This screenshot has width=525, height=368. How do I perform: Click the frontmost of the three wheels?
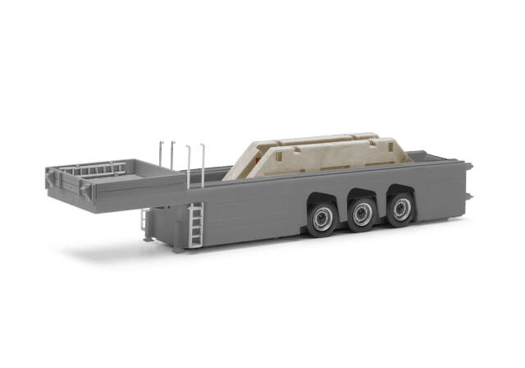[x=322, y=218]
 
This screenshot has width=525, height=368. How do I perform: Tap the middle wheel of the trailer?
[x=362, y=214]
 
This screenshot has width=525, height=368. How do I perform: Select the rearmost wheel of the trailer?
[x=400, y=209]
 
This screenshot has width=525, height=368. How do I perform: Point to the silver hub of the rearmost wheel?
[x=401, y=209]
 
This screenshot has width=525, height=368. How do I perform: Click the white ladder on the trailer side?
[x=194, y=223]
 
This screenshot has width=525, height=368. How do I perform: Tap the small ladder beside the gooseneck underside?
[x=145, y=224]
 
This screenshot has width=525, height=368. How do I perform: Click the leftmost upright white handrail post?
[x=162, y=155]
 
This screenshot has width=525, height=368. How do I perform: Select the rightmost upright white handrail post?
[x=202, y=164]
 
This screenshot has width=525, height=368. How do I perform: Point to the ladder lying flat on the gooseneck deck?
[x=97, y=170]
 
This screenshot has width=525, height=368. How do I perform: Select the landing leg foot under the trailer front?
[x=148, y=238]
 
